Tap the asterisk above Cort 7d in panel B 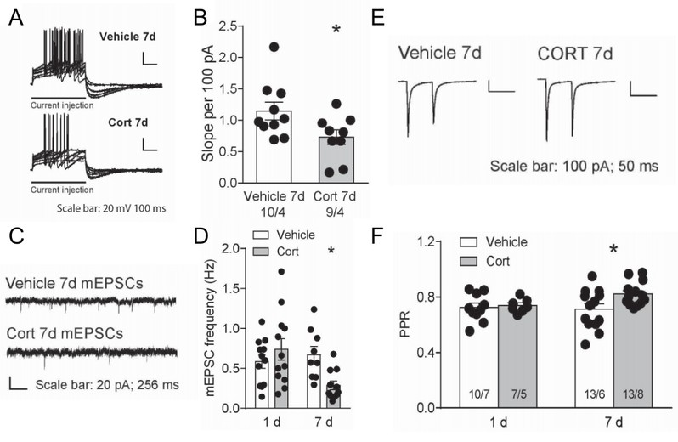pyautogui.click(x=336, y=31)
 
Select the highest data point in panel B pyautogui.click(x=274, y=48)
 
